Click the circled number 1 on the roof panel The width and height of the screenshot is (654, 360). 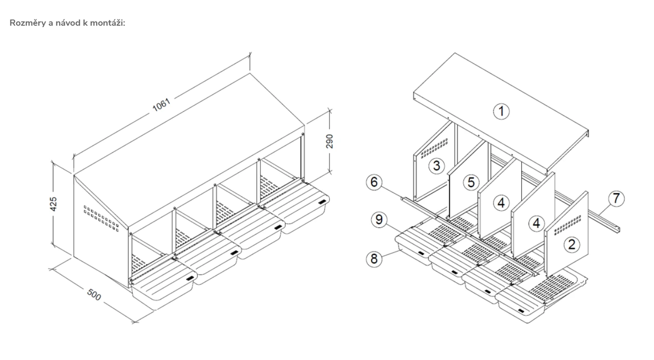501,111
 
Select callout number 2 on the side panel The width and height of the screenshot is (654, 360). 572,244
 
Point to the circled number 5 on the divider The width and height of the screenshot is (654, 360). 471,182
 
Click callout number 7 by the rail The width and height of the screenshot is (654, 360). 616,198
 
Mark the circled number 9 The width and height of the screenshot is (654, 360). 379,220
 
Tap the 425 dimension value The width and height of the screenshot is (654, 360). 54,204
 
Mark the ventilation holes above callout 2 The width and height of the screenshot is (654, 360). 567,225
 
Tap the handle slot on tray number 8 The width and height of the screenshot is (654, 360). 421,253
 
